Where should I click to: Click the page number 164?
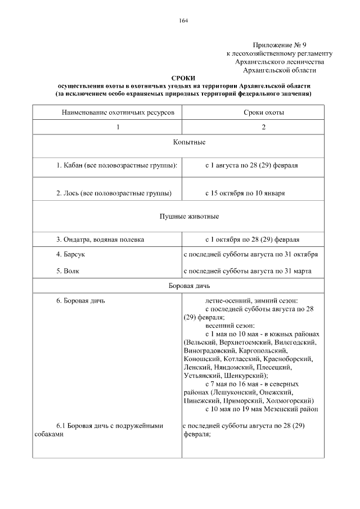183,21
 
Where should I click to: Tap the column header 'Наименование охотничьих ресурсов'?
118,112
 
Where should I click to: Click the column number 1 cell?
118,127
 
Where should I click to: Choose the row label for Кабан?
117,166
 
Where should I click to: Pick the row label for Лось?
114,193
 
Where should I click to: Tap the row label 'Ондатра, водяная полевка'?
100,239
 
